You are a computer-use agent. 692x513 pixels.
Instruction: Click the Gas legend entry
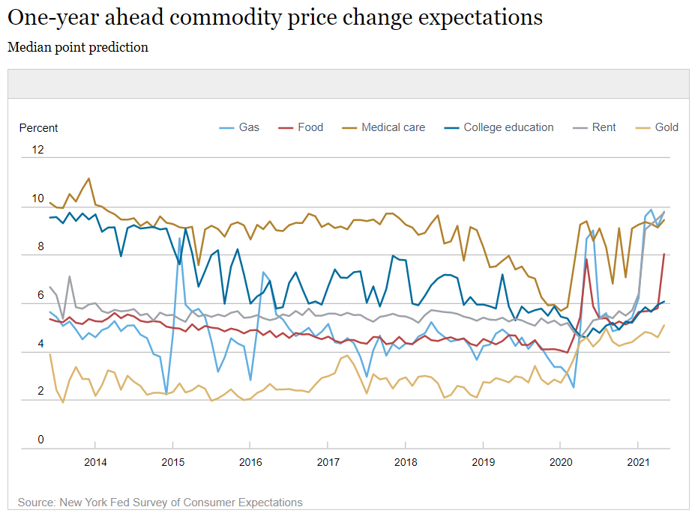tap(239, 127)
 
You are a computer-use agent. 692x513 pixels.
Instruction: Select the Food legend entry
tap(301, 127)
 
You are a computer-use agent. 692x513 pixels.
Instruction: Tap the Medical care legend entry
tap(384, 127)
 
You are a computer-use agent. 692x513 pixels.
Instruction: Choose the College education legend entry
tap(499, 127)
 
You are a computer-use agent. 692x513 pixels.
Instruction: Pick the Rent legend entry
tap(594, 127)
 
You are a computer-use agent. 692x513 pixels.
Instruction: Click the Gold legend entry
tap(657, 127)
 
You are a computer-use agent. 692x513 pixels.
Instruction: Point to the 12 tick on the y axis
tap(38, 150)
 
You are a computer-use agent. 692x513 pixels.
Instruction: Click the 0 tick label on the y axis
tap(41, 440)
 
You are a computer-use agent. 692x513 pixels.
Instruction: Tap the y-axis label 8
tap(41, 246)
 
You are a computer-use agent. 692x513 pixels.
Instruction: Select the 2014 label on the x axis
tap(95, 462)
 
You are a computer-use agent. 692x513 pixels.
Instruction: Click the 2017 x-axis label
tap(328, 462)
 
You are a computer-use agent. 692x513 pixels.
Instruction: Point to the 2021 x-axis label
tap(638, 462)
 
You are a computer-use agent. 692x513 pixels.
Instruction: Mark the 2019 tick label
tap(484, 462)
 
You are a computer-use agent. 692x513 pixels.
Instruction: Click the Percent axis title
tap(38, 128)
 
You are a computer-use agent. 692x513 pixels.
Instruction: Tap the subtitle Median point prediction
tap(78, 47)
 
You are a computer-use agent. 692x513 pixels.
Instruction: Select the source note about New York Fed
tap(160, 503)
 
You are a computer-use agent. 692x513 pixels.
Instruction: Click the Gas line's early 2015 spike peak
tap(180, 238)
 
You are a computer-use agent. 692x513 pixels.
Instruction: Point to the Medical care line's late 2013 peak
tap(89, 178)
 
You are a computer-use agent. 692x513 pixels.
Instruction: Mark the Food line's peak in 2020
tap(586, 259)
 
